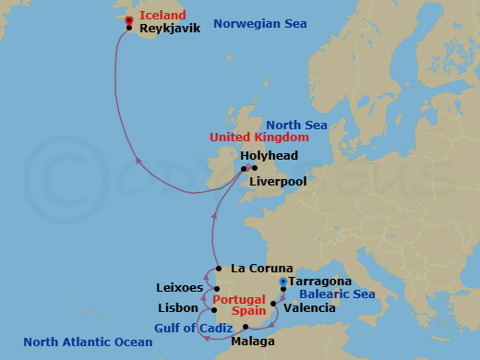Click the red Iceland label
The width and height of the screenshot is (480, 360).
coord(162,16)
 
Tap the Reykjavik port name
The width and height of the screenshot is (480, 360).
coord(169,29)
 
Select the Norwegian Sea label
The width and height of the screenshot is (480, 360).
coord(259,23)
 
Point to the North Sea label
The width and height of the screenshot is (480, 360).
coord(297,126)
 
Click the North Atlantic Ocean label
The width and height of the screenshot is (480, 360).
coord(89,342)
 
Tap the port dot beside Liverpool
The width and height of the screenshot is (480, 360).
coord(255,169)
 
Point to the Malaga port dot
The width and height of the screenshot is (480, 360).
coord(246,327)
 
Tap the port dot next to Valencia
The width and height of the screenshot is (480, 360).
coord(273,302)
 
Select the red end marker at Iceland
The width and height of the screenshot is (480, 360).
coord(128,19)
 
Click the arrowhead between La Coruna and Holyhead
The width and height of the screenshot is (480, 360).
coord(213,217)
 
